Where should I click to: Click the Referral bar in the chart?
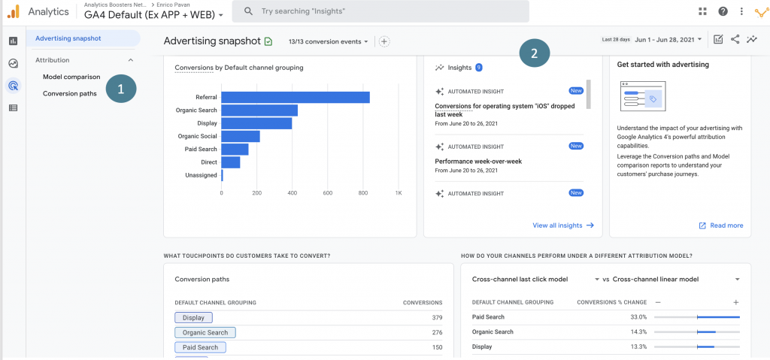coord(295,97)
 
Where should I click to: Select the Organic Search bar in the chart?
coord(259,110)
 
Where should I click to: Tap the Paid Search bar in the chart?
coord(235,149)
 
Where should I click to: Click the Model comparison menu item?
coord(71,77)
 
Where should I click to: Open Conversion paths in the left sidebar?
coord(70,93)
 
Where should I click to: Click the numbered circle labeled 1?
coord(120,89)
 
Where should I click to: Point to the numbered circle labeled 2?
coord(534,53)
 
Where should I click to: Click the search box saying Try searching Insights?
coord(380,11)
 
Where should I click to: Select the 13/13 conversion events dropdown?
coord(329,41)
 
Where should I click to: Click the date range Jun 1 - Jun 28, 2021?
coord(668,39)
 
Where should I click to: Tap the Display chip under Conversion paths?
coord(193,318)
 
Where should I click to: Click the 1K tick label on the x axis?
coord(399,192)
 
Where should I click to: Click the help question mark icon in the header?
coord(723,11)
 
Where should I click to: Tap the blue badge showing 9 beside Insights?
coord(478,68)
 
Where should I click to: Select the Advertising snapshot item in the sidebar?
coord(68,38)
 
